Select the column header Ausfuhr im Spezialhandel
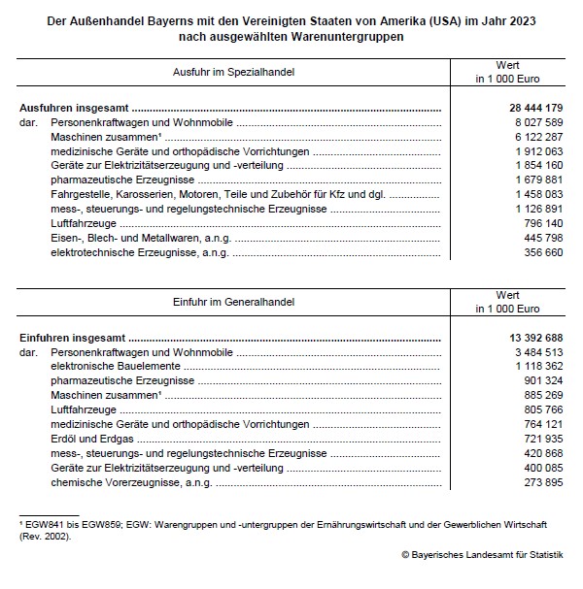click(x=233, y=72)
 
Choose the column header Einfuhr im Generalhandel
click(x=233, y=300)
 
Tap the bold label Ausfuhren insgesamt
click(x=75, y=110)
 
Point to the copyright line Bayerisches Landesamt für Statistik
click(x=482, y=554)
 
